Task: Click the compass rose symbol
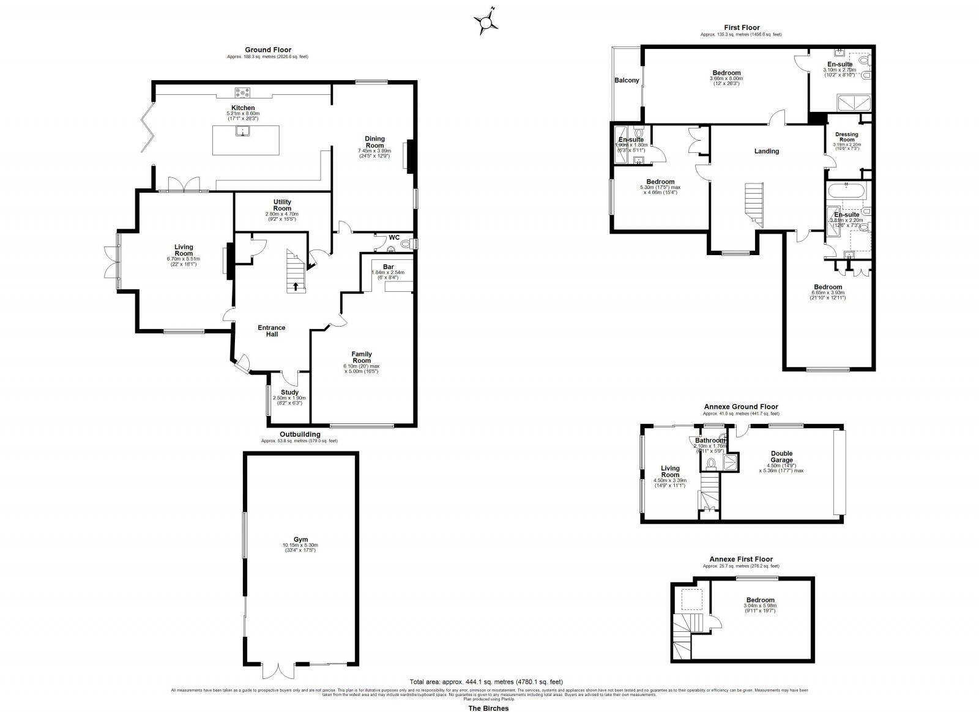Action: (486, 23)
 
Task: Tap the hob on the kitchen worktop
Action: (243, 93)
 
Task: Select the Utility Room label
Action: (282, 205)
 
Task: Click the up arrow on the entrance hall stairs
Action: (297, 286)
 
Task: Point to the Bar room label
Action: (388, 267)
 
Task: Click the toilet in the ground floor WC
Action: (404, 244)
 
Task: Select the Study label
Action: (289, 393)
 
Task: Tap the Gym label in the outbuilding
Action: (300, 540)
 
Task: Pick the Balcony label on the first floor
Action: (627, 80)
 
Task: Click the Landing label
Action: (766, 151)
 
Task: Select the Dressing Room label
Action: (847, 137)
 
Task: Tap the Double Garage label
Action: (781, 457)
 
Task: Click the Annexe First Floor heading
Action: (741, 559)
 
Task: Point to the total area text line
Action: (486, 681)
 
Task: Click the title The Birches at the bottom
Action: (488, 708)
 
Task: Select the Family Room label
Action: (361, 357)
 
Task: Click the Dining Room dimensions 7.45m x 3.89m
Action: (374, 150)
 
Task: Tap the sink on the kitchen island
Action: (244, 132)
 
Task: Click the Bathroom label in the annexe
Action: (710, 440)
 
